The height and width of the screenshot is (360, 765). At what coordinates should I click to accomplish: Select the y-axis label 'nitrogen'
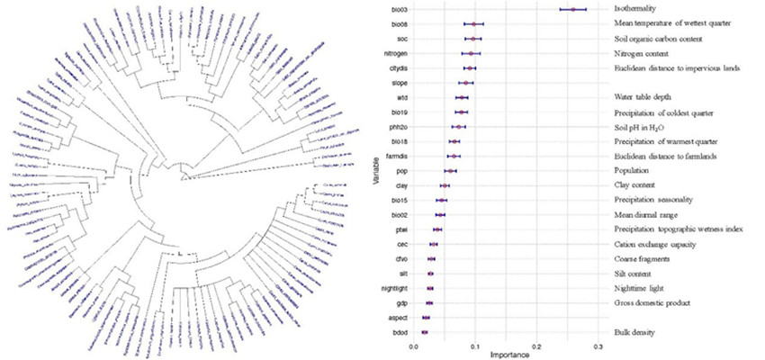(398, 53)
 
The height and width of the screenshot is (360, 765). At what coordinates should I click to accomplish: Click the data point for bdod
(425, 333)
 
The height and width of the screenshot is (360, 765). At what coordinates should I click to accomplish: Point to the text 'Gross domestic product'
(652, 303)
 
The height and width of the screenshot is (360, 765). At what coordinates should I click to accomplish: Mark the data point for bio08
(474, 24)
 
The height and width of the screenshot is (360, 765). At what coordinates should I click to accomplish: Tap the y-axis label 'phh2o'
(400, 127)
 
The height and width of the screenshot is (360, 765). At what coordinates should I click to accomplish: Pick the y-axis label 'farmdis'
(399, 157)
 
